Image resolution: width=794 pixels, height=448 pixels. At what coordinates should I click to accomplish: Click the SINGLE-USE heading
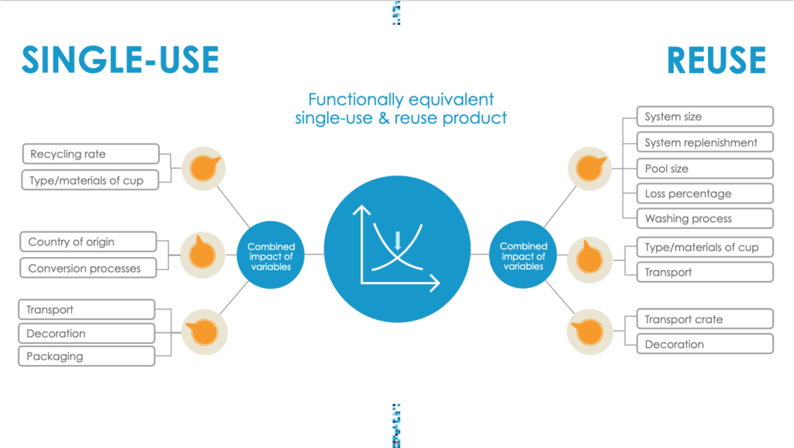tap(120, 60)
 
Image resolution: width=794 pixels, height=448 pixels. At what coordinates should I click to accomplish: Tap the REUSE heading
tap(716, 61)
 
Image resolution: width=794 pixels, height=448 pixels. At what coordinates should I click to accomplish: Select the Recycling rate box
tap(91, 154)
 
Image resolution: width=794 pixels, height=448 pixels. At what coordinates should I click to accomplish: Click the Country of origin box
tap(88, 241)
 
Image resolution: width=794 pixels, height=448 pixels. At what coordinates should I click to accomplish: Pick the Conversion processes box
tap(88, 268)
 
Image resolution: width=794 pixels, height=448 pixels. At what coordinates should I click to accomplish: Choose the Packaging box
tap(87, 356)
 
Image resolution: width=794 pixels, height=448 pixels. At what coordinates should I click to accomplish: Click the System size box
tap(705, 116)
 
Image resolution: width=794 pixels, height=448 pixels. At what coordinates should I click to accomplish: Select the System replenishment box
tap(705, 142)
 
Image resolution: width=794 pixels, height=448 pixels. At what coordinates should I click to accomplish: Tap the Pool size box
tap(705, 168)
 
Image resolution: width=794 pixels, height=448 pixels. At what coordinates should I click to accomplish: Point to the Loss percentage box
tap(705, 193)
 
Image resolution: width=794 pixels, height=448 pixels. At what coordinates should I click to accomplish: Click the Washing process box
tap(705, 218)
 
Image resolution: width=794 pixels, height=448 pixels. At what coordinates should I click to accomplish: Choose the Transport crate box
tap(705, 319)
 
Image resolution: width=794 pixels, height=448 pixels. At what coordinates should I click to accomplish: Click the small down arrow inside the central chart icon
tap(398, 241)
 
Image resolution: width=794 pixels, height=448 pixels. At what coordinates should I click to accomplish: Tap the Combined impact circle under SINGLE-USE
tap(271, 255)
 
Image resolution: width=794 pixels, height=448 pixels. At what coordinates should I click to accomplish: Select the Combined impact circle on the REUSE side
tap(523, 255)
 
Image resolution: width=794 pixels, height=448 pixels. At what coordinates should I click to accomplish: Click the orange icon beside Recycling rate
tap(204, 168)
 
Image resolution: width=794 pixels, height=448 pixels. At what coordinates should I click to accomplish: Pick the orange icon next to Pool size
tap(590, 168)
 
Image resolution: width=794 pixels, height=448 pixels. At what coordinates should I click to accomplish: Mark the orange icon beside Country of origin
tap(202, 255)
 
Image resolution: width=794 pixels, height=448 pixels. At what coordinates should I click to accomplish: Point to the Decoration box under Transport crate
tap(705, 344)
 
